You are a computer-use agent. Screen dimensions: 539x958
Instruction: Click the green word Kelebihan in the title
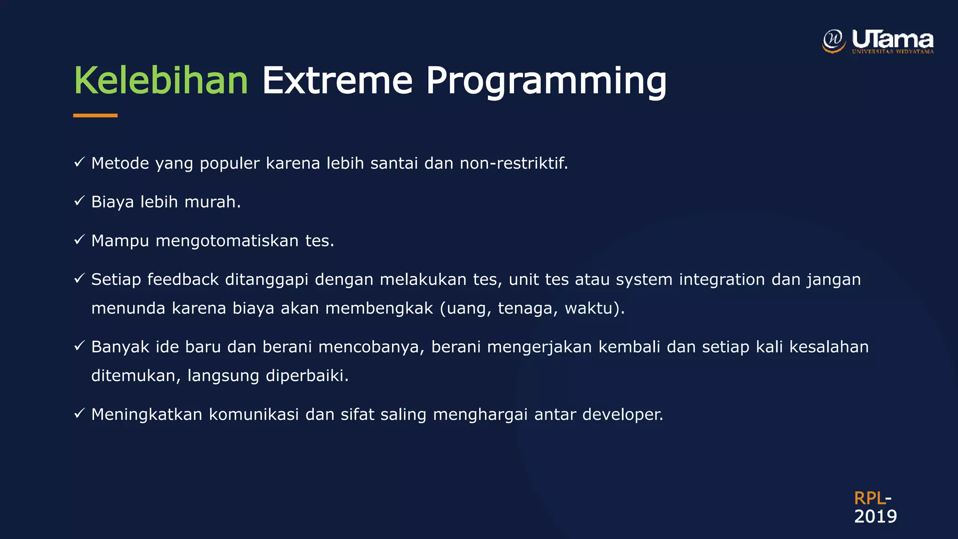160,80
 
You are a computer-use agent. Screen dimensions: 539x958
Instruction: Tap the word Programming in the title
545,81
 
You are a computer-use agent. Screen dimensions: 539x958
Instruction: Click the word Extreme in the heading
337,80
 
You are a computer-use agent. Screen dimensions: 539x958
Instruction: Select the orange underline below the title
95,115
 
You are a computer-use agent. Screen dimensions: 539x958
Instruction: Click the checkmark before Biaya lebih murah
79,201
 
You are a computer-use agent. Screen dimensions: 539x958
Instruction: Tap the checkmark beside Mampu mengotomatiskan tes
79,240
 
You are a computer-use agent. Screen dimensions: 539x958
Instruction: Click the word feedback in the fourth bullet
183,279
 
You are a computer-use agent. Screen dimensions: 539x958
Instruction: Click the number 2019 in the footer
875,517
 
